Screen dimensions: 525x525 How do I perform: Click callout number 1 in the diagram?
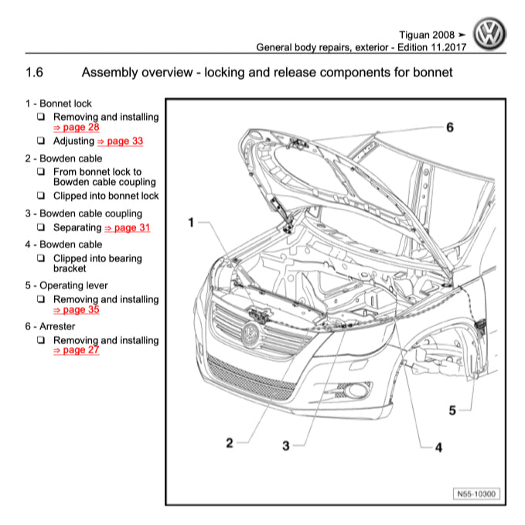(x=189, y=223)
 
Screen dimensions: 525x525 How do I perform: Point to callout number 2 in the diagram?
(x=230, y=443)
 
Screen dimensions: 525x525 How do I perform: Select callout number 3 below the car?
(x=285, y=445)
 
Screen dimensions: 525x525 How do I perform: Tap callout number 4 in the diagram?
(x=438, y=447)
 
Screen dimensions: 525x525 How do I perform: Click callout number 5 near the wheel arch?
(x=453, y=411)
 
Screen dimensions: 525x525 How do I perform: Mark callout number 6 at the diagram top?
(x=450, y=127)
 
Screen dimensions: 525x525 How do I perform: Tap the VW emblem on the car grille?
(x=251, y=334)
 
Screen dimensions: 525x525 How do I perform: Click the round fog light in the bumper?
(x=357, y=390)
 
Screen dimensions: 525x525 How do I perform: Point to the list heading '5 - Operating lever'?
(x=66, y=285)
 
